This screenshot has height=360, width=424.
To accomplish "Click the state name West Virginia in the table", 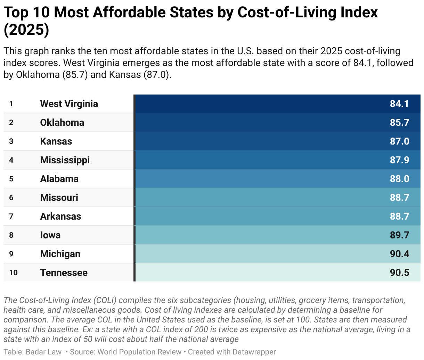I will (x=69, y=104).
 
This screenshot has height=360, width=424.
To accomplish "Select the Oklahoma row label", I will (x=62, y=123).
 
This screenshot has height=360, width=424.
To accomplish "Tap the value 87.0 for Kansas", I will (x=399, y=141).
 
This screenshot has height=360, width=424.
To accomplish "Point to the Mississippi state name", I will (x=65, y=160).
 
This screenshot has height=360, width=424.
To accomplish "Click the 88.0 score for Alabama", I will (x=399, y=179).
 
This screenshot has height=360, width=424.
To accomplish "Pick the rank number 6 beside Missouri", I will (x=11, y=198).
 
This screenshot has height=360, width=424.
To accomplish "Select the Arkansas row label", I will (x=60, y=216).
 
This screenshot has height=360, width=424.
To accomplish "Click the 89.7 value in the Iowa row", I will (x=399, y=235).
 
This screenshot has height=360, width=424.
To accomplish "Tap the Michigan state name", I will (x=60, y=254).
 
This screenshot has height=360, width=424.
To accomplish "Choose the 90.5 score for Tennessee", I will (x=399, y=273).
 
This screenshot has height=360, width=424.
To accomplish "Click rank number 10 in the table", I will (x=13, y=273).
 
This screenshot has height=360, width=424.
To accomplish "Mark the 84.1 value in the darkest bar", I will (x=399, y=104).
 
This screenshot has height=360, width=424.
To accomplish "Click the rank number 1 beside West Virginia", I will (x=11, y=104).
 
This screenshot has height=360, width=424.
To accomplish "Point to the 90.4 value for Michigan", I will (x=399, y=254).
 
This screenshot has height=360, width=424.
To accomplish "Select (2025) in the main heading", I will (x=26, y=30).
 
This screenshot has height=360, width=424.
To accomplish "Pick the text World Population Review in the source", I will (x=139, y=352).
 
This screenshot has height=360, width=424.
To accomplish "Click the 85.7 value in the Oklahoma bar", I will (x=399, y=123).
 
